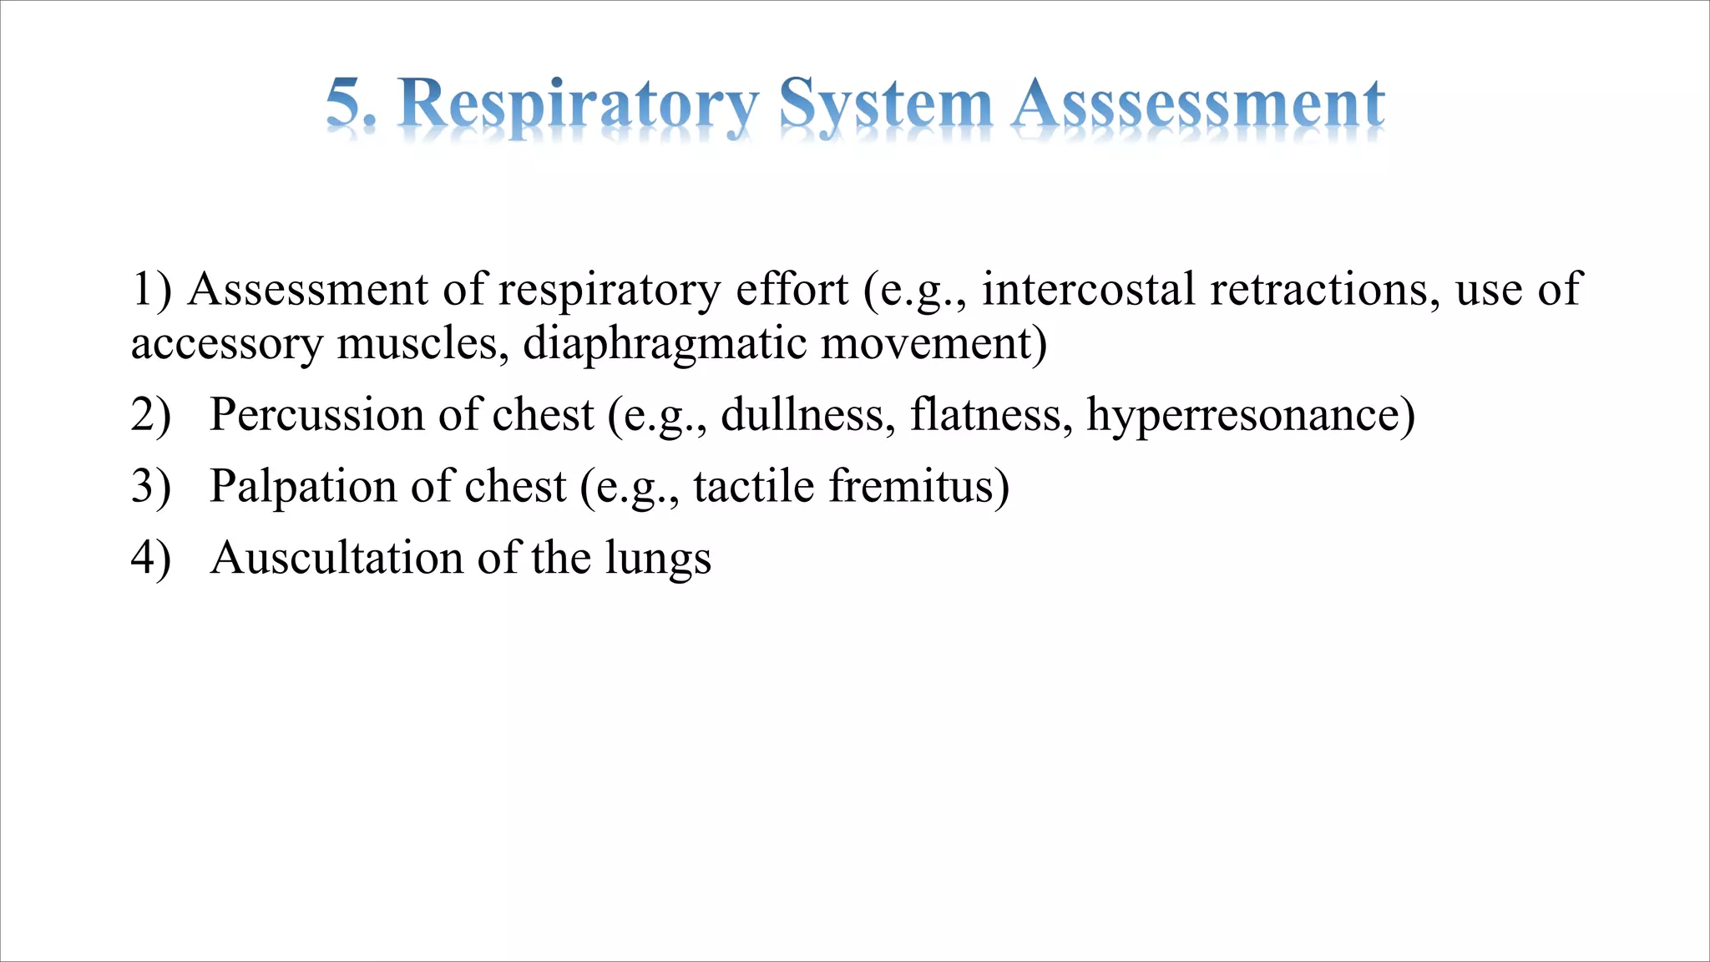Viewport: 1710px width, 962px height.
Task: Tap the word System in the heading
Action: [x=885, y=105]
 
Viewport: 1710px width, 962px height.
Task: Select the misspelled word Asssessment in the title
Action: [x=1198, y=104]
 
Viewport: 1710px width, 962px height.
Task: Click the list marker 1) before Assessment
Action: [x=151, y=290]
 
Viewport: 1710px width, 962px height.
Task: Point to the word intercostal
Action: [x=1088, y=290]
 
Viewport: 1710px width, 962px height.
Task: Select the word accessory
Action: [x=226, y=344]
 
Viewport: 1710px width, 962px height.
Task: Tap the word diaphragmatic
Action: [x=665, y=344]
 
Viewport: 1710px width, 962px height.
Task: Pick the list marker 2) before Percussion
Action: [x=151, y=415]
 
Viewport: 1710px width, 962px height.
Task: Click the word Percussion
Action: [x=316, y=415]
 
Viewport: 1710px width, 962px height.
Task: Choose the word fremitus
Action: [x=918, y=486]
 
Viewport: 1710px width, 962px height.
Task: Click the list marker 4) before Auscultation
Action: [x=151, y=558]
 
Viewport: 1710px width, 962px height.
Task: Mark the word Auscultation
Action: [x=336, y=558]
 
